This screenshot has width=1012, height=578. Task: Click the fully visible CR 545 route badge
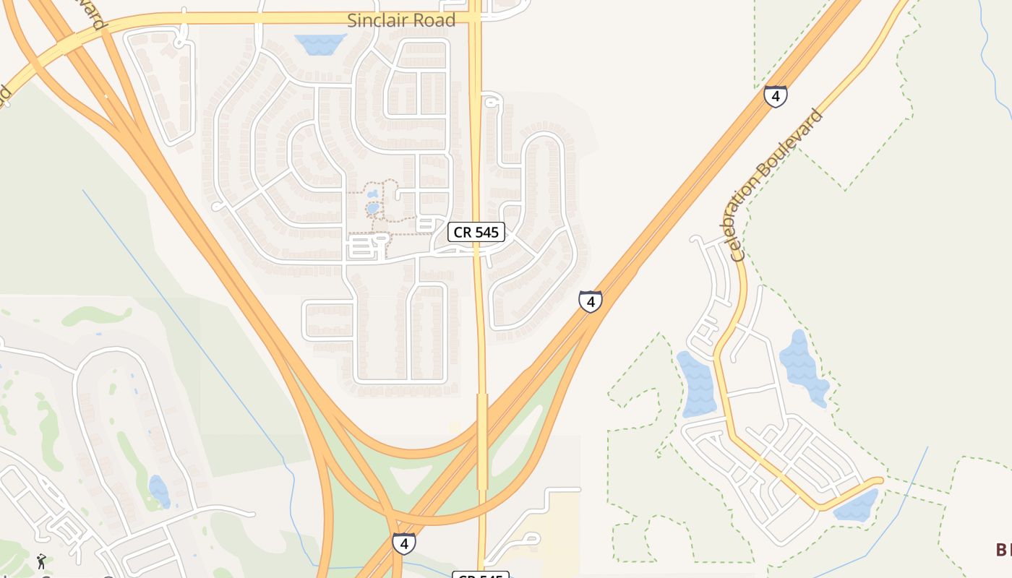[x=476, y=232]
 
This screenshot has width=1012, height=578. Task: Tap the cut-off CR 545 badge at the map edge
[x=481, y=574]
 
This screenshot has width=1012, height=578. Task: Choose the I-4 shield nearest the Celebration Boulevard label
[x=775, y=96]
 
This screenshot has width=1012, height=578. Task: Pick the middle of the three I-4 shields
[x=590, y=301]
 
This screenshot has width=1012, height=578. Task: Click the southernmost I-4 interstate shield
[x=404, y=543]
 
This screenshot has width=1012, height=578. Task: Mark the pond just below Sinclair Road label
[x=321, y=44]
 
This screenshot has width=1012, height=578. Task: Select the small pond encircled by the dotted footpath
[x=373, y=208]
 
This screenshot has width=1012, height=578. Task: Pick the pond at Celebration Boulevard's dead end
[x=857, y=506]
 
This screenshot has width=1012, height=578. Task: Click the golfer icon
[x=42, y=561]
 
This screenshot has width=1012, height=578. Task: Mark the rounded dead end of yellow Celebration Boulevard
[x=879, y=480]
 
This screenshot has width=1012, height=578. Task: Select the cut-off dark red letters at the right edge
[x=1003, y=550]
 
